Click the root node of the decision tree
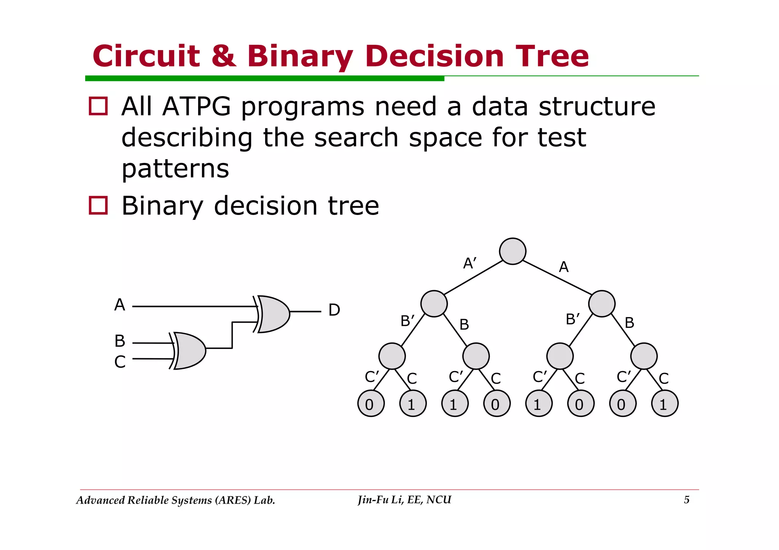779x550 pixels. [512, 251]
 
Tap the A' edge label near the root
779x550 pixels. [470, 263]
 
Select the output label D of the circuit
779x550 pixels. [334, 310]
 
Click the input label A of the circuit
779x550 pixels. [119, 305]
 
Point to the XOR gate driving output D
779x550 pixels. [272, 314]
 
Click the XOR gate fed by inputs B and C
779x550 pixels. [189, 351]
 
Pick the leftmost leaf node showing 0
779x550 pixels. [371, 403]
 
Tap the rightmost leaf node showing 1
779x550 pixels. [665, 403]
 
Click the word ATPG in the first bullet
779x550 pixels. [196, 106]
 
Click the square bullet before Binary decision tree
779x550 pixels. [98, 205]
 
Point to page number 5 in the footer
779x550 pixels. [687, 500]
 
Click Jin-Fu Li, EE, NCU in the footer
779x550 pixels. [404, 500]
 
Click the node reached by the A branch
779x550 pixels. [601, 303]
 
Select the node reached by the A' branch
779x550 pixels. [434, 303]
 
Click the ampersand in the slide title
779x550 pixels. [224, 56]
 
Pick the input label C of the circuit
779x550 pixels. [120, 362]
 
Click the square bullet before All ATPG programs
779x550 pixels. [98, 106]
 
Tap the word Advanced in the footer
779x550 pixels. [100, 500]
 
